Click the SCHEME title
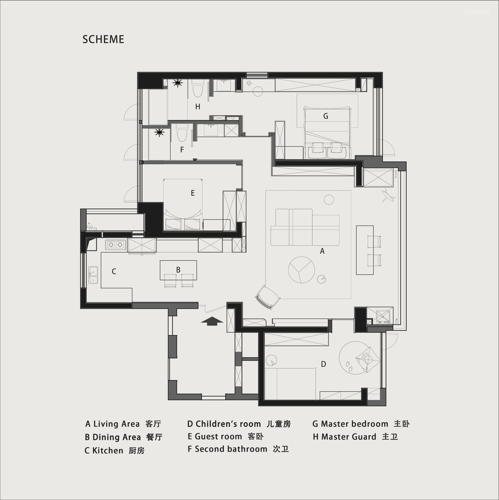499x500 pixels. [x=103, y=39]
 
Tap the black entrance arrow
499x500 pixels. [x=212, y=321]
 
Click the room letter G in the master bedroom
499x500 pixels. [x=326, y=116]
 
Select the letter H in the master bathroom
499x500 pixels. [x=198, y=106]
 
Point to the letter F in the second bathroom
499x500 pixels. [x=182, y=150]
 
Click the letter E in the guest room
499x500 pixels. [x=193, y=193]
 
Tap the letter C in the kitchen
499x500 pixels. [x=114, y=271]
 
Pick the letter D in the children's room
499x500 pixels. [x=323, y=364]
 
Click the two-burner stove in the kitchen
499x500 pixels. [x=116, y=244]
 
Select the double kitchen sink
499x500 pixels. [x=93, y=275]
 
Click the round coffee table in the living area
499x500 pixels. [x=301, y=270]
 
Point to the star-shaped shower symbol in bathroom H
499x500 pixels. [x=177, y=83]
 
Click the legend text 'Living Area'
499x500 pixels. [x=116, y=424]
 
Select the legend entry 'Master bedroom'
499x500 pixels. [x=354, y=424]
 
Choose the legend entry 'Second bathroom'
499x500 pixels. [x=231, y=449]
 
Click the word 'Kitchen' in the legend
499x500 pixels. [x=108, y=451]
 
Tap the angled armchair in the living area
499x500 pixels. [x=268, y=297]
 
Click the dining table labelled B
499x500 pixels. [x=178, y=270]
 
